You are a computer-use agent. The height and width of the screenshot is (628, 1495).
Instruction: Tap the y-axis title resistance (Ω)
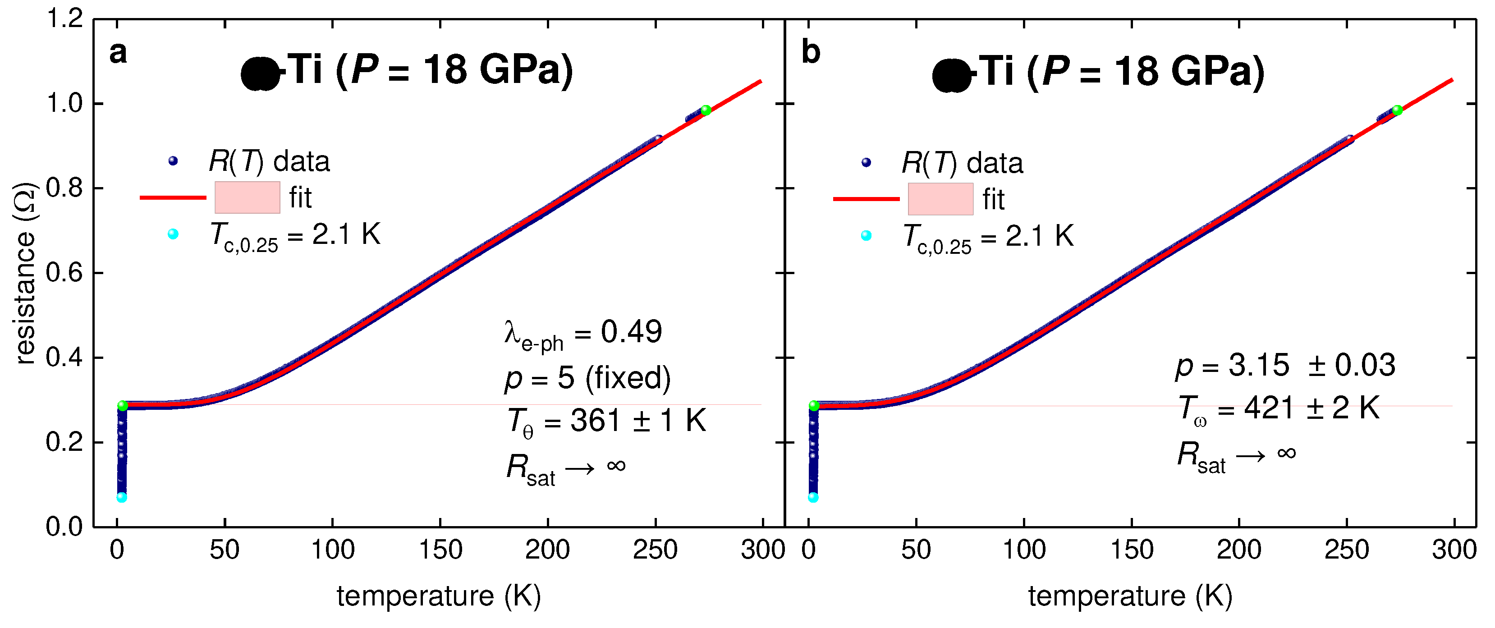coord(25,273)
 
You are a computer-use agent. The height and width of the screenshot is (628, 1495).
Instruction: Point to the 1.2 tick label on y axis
coord(64,19)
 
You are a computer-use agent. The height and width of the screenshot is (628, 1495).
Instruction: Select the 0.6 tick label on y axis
coord(64,273)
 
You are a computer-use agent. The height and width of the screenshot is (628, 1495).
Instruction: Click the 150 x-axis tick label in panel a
coord(440,550)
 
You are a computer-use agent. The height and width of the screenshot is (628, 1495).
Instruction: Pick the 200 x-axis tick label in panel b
coord(1238,550)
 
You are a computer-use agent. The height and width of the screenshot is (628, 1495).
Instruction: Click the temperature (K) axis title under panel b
coord(1129,596)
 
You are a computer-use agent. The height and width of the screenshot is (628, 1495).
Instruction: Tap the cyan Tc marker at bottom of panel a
coord(122,497)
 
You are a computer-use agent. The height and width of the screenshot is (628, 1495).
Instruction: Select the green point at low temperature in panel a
coord(123,406)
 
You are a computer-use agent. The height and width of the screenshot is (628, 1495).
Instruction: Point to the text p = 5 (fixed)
coord(587,378)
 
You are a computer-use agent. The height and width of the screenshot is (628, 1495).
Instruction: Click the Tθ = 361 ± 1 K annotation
coord(606,422)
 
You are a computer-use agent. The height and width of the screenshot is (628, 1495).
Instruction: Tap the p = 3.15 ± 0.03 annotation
coord(1285,366)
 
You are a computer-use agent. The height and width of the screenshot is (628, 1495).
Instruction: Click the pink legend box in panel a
coord(247,197)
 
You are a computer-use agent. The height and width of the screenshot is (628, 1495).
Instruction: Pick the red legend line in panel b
coord(866,199)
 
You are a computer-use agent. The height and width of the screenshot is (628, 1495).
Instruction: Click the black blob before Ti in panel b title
coord(951,75)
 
